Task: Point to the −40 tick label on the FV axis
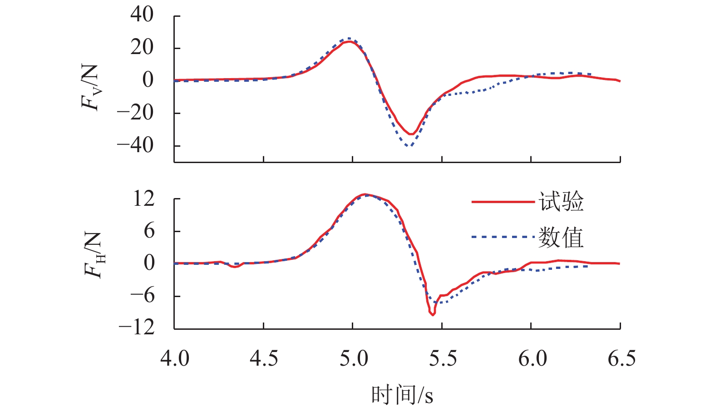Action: click(135, 145)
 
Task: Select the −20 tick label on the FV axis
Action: click(135, 113)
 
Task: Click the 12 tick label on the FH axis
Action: click(144, 199)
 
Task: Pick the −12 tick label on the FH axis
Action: click(137, 327)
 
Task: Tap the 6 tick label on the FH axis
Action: click(149, 231)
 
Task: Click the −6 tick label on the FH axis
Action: click(142, 296)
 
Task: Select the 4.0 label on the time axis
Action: click(175, 358)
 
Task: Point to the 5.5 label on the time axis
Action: click(443, 358)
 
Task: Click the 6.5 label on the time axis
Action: click(621, 358)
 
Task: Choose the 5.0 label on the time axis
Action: click(354, 358)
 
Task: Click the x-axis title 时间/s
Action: click(402, 394)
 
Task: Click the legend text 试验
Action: click(561, 201)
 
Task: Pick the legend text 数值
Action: click(561, 237)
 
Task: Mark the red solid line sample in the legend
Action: click(503, 202)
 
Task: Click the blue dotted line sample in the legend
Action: click(503, 237)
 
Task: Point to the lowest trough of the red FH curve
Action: click(433, 314)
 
